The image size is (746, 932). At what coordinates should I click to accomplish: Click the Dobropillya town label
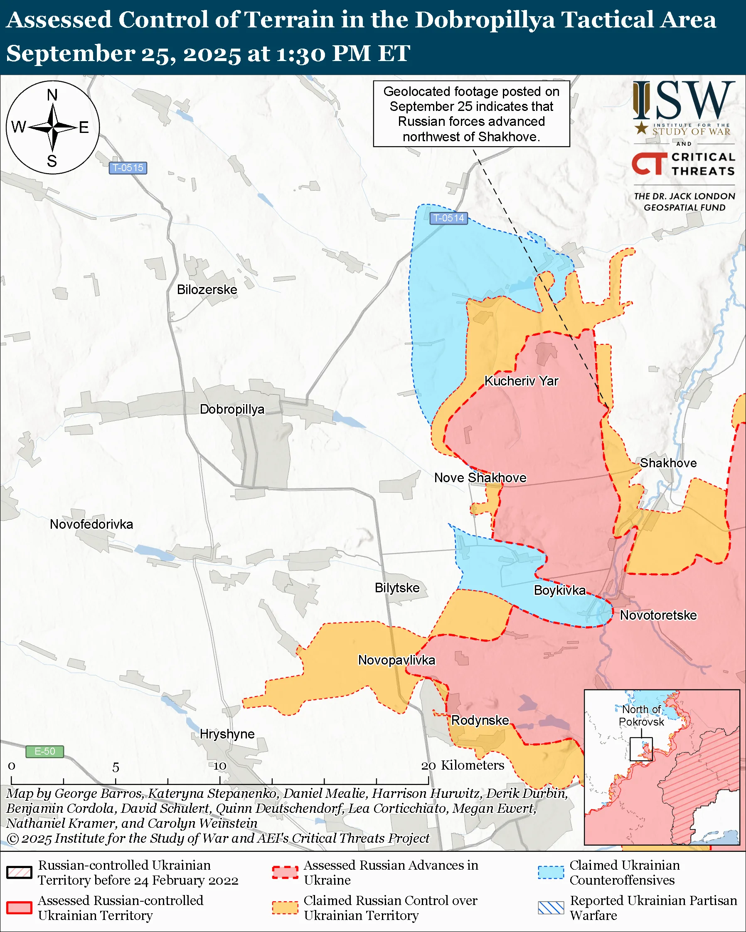[232, 409]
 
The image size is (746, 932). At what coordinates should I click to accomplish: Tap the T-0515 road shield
[128, 168]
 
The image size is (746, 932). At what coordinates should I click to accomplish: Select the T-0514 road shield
[448, 218]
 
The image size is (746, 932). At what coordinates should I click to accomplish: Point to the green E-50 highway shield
[44, 751]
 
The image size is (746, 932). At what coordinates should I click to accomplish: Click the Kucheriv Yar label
[521, 381]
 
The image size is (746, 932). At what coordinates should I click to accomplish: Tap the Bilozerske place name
[207, 289]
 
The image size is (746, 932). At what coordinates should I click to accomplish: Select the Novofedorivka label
[91, 525]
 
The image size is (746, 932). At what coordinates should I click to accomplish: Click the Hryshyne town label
[227, 734]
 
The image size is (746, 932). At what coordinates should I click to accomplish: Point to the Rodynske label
[480, 720]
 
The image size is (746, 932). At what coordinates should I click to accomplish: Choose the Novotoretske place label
[658, 615]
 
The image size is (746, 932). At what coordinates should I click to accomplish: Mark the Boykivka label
[560, 590]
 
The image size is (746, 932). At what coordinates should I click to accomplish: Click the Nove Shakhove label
[480, 478]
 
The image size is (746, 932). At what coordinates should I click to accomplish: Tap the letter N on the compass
[52, 95]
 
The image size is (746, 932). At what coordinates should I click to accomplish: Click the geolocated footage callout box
[471, 114]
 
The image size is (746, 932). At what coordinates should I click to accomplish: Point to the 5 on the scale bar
[116, 767]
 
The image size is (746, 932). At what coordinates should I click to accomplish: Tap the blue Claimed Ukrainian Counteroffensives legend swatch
[551, 872]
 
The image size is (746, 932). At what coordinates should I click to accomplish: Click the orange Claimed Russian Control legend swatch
[285, 908]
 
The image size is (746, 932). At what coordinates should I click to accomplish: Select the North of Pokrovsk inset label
[641, 716]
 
